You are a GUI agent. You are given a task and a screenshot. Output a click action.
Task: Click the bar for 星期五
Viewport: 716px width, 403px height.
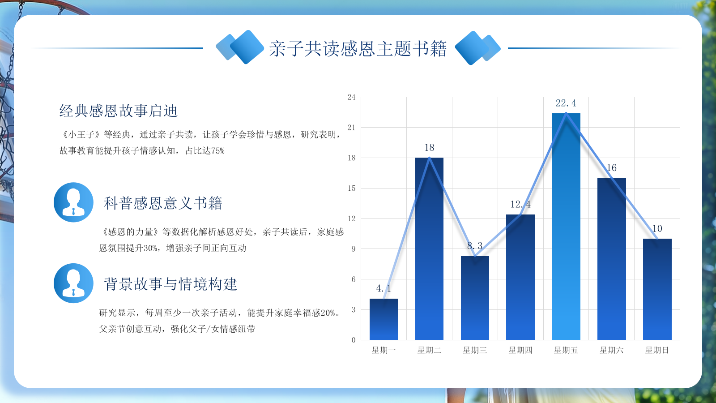point(566,227)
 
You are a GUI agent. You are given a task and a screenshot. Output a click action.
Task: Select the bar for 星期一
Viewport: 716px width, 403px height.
point(384,319)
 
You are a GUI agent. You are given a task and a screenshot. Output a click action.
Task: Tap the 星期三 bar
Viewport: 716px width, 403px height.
point(475,298)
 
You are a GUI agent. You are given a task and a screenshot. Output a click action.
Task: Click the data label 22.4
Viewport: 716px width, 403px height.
point(566,103)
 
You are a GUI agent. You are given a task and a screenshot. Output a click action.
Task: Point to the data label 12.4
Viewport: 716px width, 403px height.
point(520,204)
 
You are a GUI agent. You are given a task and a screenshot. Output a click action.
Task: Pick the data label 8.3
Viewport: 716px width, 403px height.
point(475,246)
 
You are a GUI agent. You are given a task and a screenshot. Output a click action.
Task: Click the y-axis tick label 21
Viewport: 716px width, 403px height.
point(351,127)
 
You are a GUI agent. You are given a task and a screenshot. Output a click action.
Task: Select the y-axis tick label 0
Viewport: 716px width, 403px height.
point(354,340)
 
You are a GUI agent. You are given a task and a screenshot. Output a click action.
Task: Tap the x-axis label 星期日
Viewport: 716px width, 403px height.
point(657,350)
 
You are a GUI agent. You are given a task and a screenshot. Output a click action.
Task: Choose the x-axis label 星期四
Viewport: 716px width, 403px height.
point(520,350)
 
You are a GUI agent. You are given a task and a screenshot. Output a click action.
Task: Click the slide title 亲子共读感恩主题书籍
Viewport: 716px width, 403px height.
point(358,49)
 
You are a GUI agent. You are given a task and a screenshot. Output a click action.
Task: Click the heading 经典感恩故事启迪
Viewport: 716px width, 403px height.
point(118,111)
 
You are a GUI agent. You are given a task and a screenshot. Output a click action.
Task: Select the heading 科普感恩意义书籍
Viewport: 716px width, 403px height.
point(163,203)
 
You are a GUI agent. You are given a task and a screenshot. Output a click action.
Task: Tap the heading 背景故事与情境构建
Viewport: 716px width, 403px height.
point(170,284)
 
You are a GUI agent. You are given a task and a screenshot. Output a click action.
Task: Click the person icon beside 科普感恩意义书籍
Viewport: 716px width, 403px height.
point(73,202)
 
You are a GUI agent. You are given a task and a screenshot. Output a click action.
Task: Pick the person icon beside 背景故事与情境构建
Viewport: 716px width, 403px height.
point(73,283)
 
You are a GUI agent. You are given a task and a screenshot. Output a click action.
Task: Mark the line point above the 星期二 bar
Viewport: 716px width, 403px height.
point(429,158)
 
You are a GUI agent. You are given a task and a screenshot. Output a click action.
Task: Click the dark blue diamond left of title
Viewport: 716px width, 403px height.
point(247,47)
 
